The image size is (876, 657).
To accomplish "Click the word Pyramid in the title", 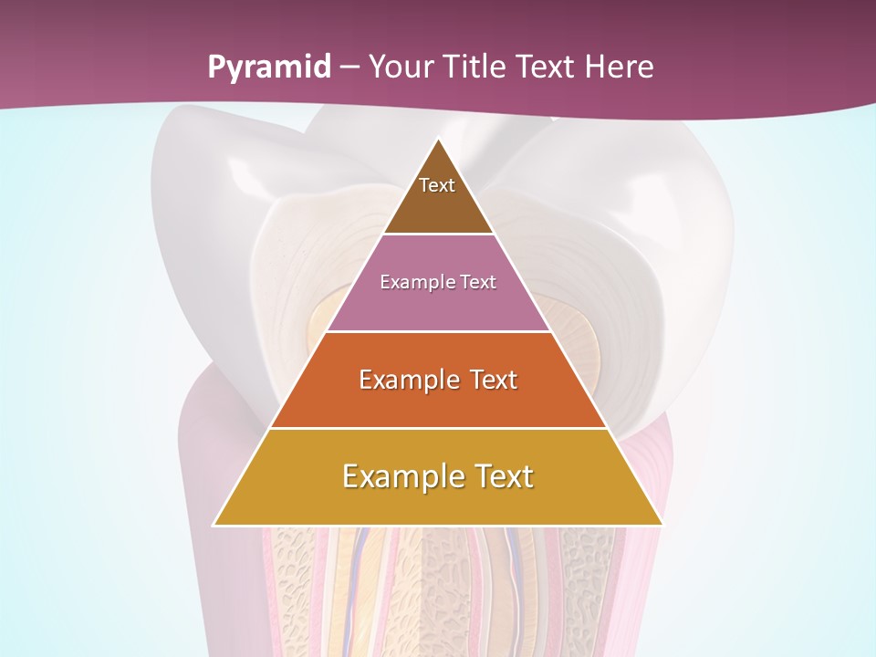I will [x=268, y=68].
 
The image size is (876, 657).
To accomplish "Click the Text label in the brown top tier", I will [x=437, y=185].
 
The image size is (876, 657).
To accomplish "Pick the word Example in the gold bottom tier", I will [x=399, y=476].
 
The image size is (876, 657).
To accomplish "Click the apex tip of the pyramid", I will [x=438, y=140].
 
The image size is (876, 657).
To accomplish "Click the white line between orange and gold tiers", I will [x=438, y=429].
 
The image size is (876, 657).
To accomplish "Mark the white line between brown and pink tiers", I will [x=438, y=235].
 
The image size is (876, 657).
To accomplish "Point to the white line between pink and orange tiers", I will [x=438, y=331].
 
